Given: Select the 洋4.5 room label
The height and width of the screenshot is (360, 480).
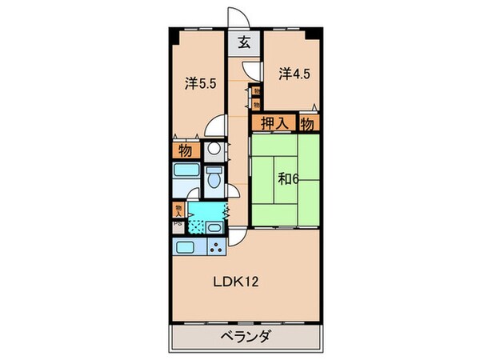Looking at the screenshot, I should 293,74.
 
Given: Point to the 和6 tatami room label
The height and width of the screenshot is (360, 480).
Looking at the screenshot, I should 290,179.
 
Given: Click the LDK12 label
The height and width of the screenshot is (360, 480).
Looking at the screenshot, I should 239,282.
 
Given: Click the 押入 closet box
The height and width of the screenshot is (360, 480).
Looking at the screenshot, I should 274,123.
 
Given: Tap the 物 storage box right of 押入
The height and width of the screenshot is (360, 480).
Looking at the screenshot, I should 308,123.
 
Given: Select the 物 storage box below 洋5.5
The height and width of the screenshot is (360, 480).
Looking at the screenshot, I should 184,150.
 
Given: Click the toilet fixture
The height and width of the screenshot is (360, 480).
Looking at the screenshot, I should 214,178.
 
